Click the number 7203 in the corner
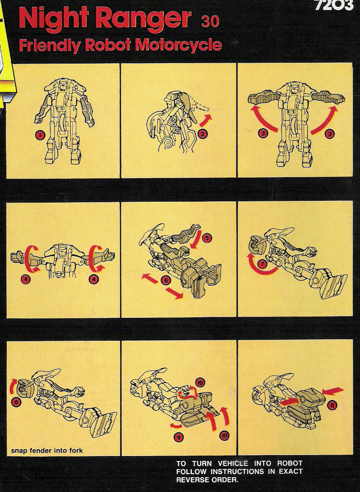334,5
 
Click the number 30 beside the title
210,22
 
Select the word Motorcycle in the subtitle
178,45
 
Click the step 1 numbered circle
40,135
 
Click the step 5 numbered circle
207,238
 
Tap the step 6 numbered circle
166,280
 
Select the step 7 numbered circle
262,264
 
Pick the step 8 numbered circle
17,402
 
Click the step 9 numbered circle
178,437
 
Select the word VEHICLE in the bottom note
233,464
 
